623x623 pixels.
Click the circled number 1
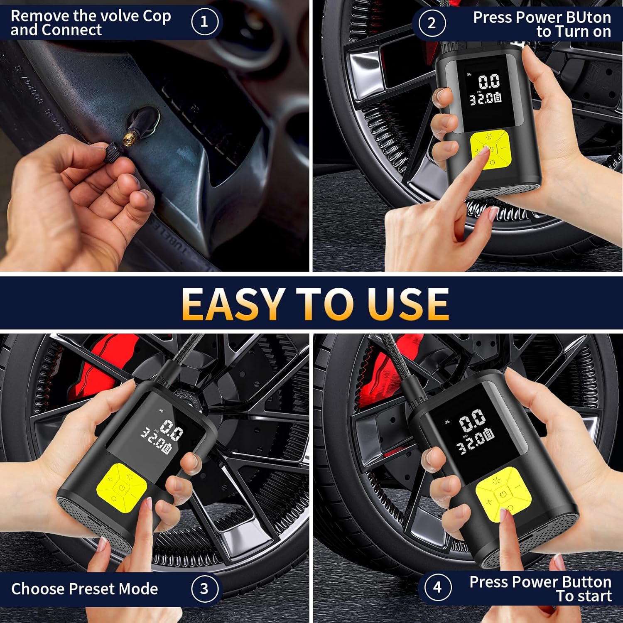pyautogui.click(x=205, y=22)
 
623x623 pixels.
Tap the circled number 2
pyautogui.click(x=432, y=23)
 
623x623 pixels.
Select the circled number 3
pyautogui.click(x=204, y=588)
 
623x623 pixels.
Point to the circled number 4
pyautogui.click(x=437, y=587)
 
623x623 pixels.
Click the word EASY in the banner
pyautogui.click(x=233, y=304)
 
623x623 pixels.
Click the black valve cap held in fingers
pyautogui.click(x=112, y=148)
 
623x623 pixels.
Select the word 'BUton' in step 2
pyautogui.click(x=589, y=17)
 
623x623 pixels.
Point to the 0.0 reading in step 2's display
pyautogui.click(x=489, y=81)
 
